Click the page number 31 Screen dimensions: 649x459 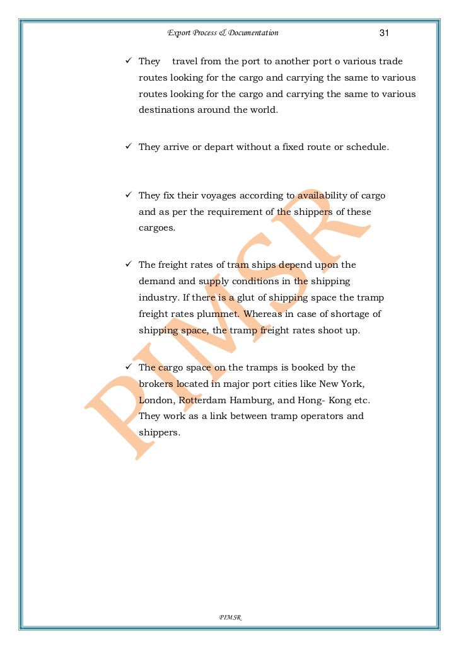385,33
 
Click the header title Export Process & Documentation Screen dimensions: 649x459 223,33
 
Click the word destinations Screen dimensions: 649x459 168,110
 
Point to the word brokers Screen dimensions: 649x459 156,384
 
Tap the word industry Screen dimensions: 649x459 158,297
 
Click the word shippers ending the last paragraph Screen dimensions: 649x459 158,433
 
